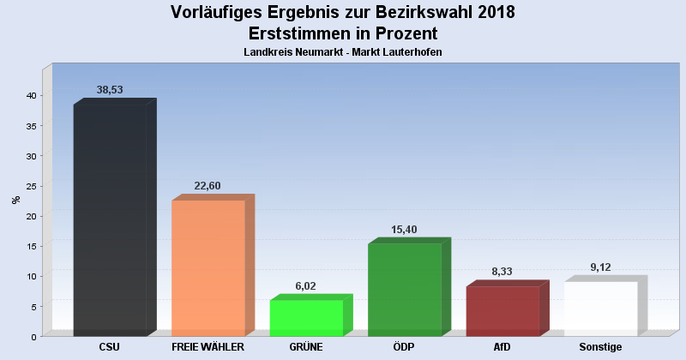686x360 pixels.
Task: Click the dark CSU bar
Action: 110,220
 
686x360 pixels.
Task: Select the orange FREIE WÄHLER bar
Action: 208,268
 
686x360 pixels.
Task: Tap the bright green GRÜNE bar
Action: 306,318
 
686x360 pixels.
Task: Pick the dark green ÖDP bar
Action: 404,290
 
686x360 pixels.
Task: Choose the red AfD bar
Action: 502,311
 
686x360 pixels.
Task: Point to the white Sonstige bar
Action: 600,309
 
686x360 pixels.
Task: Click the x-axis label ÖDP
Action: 404,347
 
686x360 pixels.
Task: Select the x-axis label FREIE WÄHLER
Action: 208,347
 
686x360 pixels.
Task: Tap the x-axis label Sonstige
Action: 600,347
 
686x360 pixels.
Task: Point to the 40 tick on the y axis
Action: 30,96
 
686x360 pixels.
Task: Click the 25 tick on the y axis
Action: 30,186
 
